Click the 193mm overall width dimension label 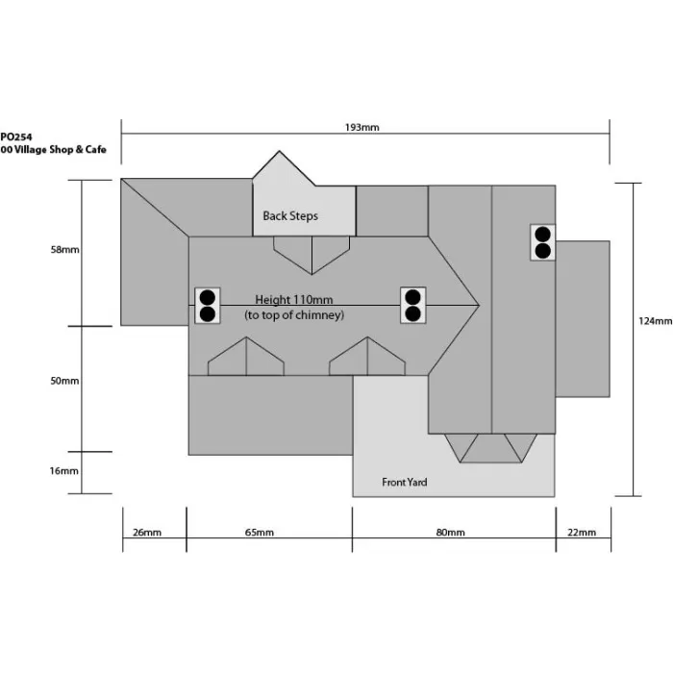[x=361, y=128]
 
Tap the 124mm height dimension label [x=655, y=321]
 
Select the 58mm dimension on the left [x=64, y=250]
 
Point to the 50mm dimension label [x=64, y=381]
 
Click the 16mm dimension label [x=64, y=471]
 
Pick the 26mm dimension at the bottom [x=147, y=533]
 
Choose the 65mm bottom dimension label [x=260, y=533]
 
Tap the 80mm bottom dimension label [x=450, y=533]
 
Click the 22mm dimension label [x=582, y=533]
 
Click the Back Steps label [x=290, y=216]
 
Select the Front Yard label [x=405, y=483]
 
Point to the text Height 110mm [x=294, y=300]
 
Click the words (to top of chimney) [x=294, y=315]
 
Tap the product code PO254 [x=16, y=137]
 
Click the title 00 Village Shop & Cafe [x=53, y=149]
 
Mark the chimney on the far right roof [x=543, y=242]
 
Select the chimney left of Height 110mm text [x=208, y=306]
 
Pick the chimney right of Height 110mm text [x=412, y=305]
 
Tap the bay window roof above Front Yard [x=490, y=448]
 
